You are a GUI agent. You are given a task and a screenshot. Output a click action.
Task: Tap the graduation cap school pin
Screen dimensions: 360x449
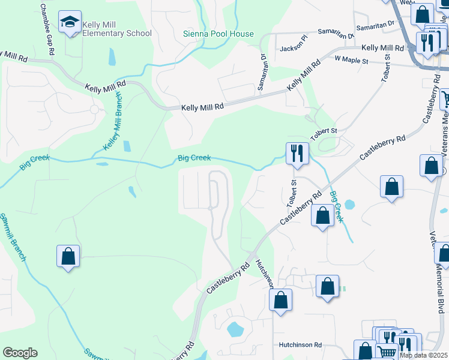coord(70,23)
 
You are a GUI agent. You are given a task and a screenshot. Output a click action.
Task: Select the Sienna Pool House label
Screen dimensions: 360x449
coord(218,34)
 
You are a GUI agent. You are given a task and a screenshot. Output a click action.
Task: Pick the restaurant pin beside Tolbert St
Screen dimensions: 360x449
coord(297,153)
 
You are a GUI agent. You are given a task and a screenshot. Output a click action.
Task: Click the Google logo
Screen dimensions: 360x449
coord(20,353)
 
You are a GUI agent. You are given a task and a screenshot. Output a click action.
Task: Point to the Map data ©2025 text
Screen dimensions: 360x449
coord(424,355)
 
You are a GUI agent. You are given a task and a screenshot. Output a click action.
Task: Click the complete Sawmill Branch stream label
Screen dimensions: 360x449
coord(12,237)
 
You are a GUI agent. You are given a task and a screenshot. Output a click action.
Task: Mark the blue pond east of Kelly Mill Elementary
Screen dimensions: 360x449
coord(112,57)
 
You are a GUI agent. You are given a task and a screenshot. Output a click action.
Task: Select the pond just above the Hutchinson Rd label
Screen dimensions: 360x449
coord(234,329)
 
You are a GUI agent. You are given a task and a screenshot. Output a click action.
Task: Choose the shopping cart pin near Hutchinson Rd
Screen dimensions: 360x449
coord(387,352)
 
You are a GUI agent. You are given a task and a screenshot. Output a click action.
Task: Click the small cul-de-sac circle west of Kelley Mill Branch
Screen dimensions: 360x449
coord(94,109)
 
